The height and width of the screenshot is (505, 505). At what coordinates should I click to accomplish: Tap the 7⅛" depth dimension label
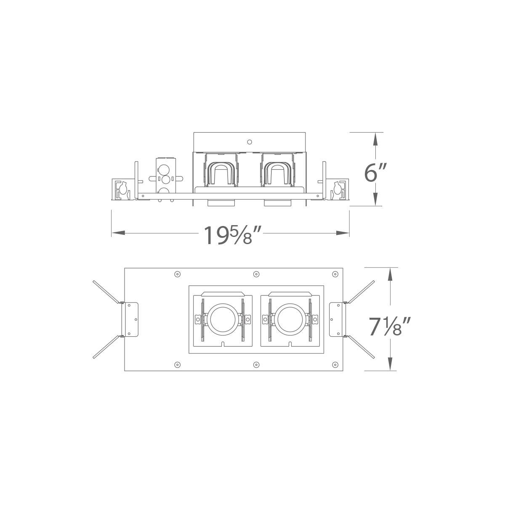389,327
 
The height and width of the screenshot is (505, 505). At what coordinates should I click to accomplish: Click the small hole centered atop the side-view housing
250,142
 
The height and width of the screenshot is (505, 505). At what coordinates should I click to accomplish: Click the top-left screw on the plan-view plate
178,274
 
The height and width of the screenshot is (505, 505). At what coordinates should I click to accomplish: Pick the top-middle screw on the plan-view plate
256,274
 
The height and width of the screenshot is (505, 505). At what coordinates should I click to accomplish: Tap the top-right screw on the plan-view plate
335,274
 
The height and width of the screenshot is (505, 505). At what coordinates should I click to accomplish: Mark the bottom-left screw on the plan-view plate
178,364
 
